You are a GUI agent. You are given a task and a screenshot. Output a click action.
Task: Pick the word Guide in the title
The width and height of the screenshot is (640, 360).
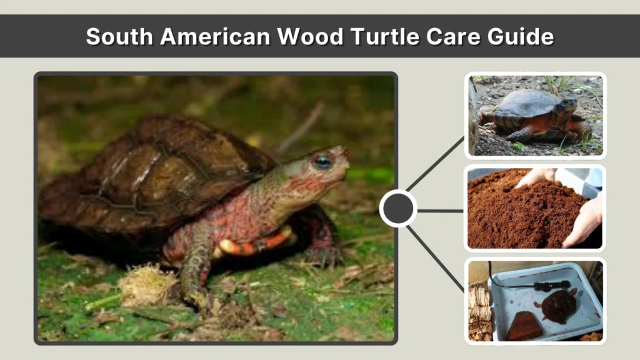click(524, 37)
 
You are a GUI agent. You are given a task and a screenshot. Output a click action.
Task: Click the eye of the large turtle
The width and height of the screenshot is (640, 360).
click(322, 162)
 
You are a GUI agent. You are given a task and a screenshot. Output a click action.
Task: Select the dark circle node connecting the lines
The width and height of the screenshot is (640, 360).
click(398, 209)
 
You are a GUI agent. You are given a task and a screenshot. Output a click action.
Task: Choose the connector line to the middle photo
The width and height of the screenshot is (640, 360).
click(440, 211)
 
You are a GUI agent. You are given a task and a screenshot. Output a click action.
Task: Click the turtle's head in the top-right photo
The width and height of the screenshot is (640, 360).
click(567, 106)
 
